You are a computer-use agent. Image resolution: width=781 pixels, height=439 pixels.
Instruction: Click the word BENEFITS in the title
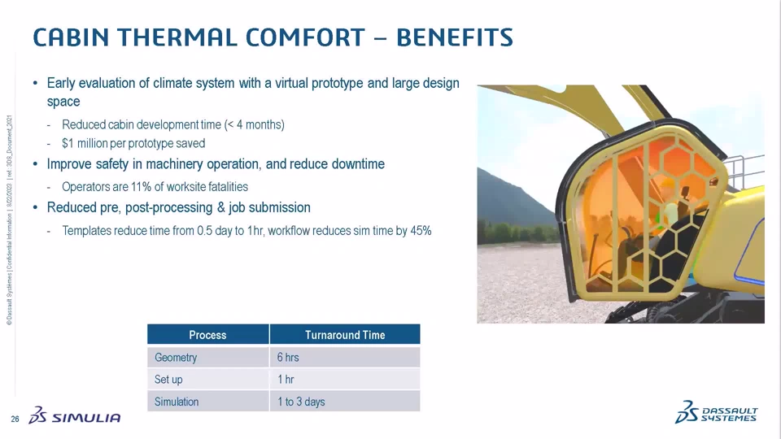click(454, 37)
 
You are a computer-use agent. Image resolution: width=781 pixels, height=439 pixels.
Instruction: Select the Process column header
click(207, 335)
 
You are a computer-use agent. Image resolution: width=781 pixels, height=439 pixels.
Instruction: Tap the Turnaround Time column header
click(345, 335)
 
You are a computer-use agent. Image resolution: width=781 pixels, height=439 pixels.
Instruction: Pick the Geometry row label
click(176, 358)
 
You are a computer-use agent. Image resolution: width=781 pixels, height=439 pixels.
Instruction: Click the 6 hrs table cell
click(288, 358)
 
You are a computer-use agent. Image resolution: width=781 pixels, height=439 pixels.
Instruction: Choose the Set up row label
click(168, 380)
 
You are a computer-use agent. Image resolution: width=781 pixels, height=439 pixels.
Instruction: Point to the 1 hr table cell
click(286, 380)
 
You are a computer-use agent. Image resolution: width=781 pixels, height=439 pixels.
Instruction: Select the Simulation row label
click(177, 402)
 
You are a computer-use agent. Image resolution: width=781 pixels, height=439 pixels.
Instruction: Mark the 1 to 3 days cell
click(301, 402)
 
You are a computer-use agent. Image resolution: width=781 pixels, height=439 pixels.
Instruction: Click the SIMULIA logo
click(75, 415)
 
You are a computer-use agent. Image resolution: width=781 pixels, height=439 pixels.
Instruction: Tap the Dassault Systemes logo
click(716, 412)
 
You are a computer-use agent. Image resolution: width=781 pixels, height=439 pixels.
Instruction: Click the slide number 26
click(15, 419)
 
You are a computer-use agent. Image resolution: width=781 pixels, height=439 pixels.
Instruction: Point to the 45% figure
click(421, 230)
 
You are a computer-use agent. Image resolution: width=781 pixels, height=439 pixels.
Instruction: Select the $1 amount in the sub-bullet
click(68, 143)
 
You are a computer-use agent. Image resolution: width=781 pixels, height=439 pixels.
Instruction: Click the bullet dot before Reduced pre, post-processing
click(35, 207)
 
